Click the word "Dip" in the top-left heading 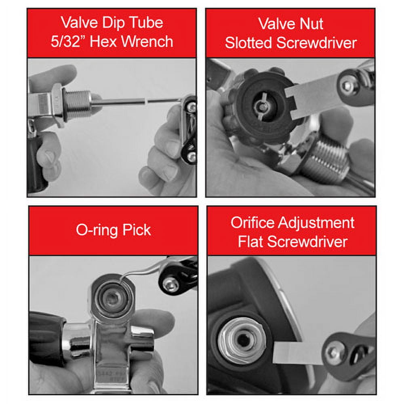click(113, 23)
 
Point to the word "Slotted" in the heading click(248, 42)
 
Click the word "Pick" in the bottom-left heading click(137, 229)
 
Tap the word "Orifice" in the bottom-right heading click(252, 222)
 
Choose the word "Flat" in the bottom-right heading click(251, 242)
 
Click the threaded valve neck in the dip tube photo click(77, 103)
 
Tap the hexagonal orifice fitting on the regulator click(241, 341)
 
